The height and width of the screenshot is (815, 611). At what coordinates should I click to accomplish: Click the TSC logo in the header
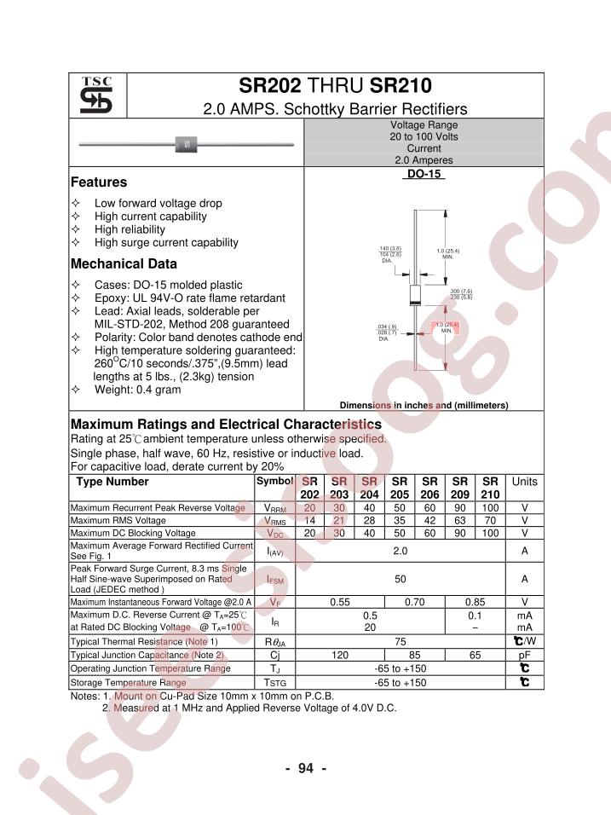click(x=97, y=95)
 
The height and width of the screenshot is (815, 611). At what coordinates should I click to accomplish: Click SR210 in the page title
click(x=401, y=86)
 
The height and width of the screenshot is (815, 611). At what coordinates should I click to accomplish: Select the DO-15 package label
click(x=423, y=173)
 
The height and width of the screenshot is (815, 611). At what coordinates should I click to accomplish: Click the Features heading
click(x=99, y=182)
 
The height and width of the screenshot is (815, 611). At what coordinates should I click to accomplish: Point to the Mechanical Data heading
click(x=124, y=264)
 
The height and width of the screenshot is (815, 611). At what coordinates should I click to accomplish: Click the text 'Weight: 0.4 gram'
click(x=137, y=390)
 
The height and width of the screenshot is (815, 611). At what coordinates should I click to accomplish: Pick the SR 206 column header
click(x=429, y=488)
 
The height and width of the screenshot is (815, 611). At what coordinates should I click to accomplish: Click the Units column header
click(x=524, y=482)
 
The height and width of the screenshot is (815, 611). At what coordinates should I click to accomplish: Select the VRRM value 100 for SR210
click(x=489, y=508)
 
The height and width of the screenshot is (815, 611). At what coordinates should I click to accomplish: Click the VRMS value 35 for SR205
click(x=400, y=521)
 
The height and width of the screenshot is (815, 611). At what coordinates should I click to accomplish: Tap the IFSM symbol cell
click(x=274, y=580)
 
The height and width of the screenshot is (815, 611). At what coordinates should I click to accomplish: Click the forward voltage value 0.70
click(x=414, y=602)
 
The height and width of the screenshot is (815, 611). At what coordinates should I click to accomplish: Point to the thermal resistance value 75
click(x=400, y=641)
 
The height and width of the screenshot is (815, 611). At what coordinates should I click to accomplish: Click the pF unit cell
click(x=524, y=656)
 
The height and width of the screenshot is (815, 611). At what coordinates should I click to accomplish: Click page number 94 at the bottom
click(x=306, y=769)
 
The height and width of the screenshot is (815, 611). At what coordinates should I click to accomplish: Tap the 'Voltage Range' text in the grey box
click(x=424, y=124)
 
